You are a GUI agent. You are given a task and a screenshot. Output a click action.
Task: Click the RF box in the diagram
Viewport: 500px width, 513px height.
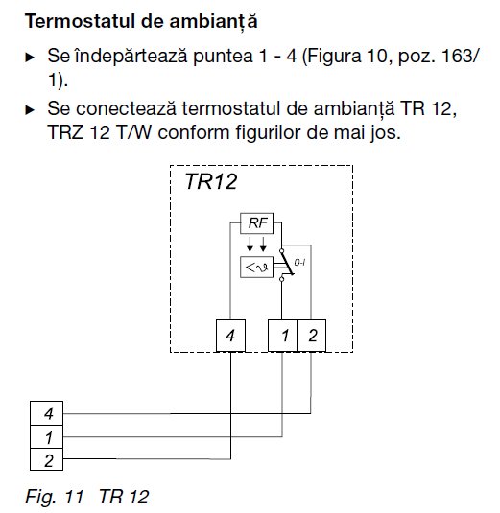(256, 223)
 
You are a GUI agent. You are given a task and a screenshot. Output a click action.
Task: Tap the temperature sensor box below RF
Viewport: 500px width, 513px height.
(256, 268)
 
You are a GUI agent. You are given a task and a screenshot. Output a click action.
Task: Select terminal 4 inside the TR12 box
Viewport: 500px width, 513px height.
(230, 336)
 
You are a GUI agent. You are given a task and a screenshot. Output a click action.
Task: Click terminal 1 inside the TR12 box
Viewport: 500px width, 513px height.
(282, 336)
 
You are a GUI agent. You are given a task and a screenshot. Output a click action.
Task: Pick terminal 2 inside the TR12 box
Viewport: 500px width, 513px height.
(311, 336)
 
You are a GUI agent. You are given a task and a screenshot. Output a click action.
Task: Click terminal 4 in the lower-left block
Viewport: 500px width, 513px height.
(46, 413)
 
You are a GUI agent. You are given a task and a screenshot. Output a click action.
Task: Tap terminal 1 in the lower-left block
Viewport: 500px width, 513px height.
(46, 437)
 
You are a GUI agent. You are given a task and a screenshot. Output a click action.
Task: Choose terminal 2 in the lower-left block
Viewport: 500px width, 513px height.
(46, 459)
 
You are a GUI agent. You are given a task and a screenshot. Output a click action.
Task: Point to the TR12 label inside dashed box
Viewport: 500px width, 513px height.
(211, 181)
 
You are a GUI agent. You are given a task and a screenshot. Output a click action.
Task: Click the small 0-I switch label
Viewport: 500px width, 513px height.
(299, 263)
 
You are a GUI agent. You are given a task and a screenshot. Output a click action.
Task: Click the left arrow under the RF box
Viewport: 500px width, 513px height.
(250, 245)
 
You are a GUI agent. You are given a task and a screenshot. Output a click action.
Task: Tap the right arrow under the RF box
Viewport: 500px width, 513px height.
(263, 245)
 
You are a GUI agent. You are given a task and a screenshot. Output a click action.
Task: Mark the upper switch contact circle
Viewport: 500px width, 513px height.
(281, 250)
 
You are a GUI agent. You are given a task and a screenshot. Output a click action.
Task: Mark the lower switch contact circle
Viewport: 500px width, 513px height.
(281, 279)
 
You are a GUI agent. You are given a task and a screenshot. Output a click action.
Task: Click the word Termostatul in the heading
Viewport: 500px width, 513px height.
(80, 21)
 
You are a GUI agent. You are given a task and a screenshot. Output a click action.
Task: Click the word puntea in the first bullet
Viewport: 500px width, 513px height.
(223, 57)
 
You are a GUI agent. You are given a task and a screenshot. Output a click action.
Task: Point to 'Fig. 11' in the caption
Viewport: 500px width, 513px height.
(55, 497)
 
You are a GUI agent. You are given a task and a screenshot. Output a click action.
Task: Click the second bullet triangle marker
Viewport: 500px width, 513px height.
(30, 109)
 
